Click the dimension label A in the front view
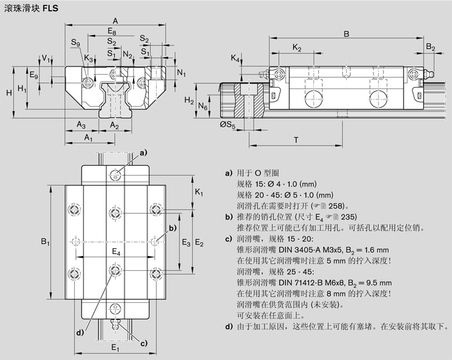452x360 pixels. tap(115, 20)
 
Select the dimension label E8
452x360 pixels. tap(112, 31)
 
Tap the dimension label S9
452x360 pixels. tap(75, 43)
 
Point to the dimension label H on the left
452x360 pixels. tap(8, 93)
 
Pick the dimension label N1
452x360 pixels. tap(181, 73)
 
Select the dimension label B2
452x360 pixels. tap(430, 47)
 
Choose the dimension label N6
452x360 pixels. tap(202, 107)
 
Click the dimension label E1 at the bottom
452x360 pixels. tap(115, 347)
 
